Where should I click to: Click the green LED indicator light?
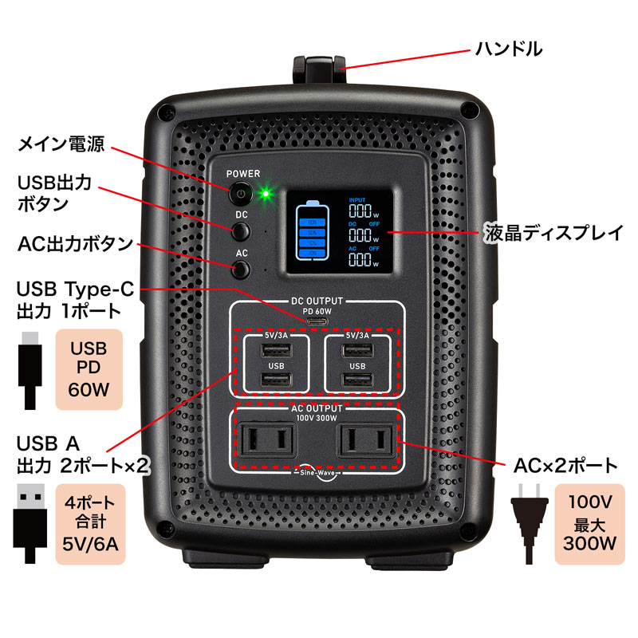(265, 192)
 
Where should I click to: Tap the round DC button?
(240, 231)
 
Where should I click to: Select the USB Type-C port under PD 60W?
(317, 321)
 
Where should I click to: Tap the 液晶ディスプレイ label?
(553, 234)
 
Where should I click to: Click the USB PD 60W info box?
(89, 369)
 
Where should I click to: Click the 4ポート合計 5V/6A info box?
(89, 523)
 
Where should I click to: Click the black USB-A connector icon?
(30, 522)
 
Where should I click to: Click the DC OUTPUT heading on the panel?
(317, 301)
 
